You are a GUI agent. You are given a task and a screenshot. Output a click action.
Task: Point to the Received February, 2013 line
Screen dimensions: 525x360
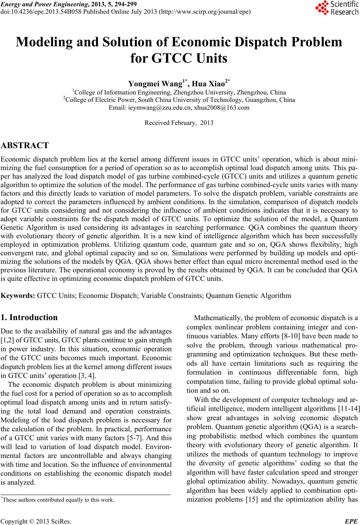[179, 123]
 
